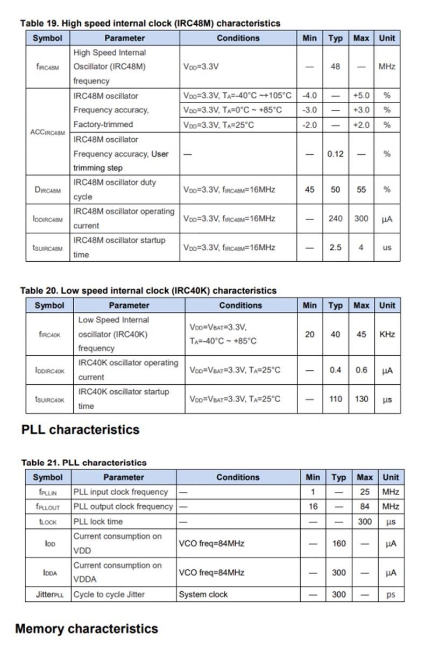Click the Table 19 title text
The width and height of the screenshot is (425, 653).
[x=150, y=23]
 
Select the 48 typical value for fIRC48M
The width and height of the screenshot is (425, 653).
[x=335, y=67]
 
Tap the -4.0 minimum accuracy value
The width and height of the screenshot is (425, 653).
[x=309, y=96]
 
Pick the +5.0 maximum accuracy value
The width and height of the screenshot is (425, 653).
[x=361, y=96]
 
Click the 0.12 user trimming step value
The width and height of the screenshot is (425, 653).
[x=335, y=154]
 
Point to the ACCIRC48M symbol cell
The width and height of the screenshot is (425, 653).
[x=48, y=132]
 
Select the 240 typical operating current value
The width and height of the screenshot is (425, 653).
[x=335, y=219]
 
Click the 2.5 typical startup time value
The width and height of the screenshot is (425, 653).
[x=335, y=248]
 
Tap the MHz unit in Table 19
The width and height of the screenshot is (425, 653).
[x=386, y=67]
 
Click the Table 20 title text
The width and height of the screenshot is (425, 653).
[x=148, y=290]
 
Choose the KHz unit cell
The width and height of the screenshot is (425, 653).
[x=387, y=334]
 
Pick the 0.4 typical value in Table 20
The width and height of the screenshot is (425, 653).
[x=335, y=370]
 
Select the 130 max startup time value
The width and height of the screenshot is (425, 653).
[x=361, y=399]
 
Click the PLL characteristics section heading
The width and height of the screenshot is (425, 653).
[x=80, y=429]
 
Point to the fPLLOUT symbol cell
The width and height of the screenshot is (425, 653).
[x=47, y=507]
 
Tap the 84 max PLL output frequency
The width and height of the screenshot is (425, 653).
[x=364, y=507]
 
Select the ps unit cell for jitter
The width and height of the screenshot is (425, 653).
[x=391, y=594]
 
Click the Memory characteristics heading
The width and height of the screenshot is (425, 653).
[x=86, y=628]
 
